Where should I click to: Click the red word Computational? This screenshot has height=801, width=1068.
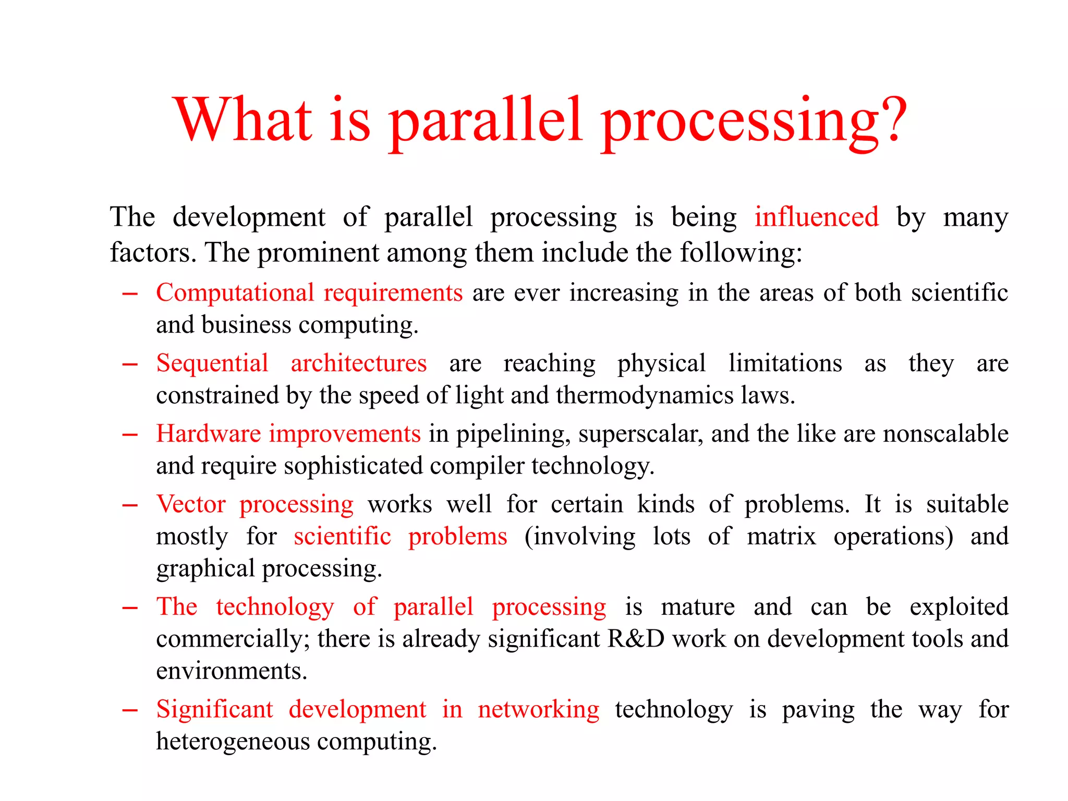[x=235, y=293]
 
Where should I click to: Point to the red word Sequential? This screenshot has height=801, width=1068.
[x=212, y=363]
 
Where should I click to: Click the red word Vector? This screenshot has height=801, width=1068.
[x=191, y=504]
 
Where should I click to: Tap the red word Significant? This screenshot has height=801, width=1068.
[x=214, y=709]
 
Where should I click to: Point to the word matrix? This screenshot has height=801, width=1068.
[x=781, y=536]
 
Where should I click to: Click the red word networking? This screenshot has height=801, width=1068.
[x=538, y=710]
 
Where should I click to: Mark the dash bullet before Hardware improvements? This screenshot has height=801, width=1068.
[x=130, y=434]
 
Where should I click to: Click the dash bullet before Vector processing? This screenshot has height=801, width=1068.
[x=130, y=505]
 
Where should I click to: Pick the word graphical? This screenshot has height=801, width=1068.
[x=205, y=569]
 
